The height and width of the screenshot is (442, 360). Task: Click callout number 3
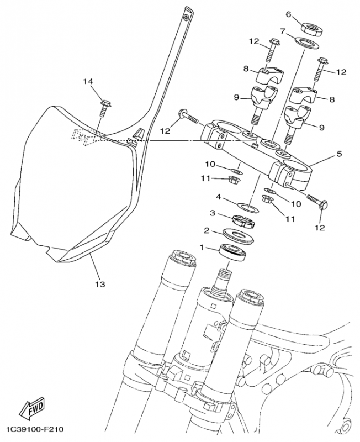pos(211,213)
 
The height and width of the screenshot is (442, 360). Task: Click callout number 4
pos(219,196)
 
